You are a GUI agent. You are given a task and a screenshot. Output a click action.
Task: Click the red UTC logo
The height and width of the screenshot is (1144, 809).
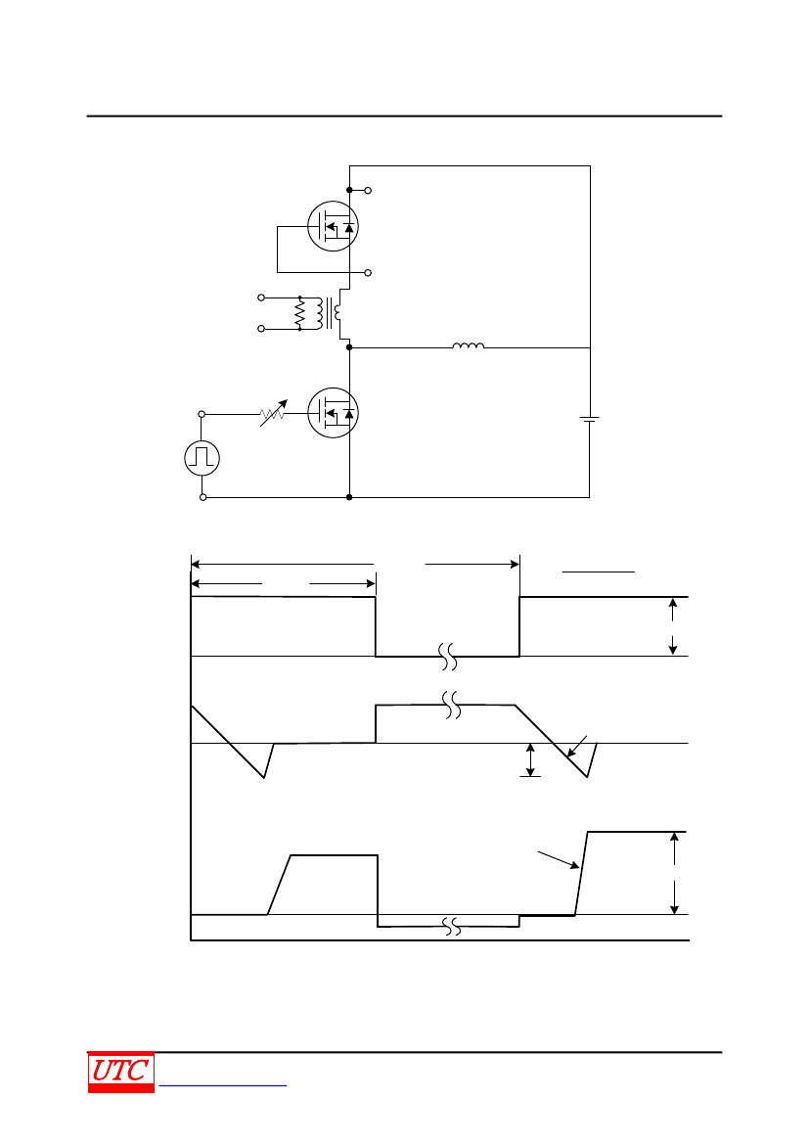121,1072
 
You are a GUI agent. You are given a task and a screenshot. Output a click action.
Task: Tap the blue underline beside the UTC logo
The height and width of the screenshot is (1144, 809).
222,1086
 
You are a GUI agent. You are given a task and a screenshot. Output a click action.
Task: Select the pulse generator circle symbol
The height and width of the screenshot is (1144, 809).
202,458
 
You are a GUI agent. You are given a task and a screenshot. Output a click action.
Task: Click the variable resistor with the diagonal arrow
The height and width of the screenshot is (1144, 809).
273,414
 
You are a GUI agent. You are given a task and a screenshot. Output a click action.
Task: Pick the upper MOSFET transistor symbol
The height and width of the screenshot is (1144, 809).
334,226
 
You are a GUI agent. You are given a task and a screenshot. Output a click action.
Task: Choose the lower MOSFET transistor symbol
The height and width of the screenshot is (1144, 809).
334,413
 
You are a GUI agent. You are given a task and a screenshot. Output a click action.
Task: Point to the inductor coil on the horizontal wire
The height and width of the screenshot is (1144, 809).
468,345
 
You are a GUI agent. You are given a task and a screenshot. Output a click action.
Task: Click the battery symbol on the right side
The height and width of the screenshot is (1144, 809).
590,420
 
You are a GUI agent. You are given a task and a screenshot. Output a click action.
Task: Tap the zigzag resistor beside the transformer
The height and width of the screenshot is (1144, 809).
299,313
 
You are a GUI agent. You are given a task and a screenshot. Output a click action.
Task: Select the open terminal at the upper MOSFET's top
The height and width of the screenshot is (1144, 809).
368,191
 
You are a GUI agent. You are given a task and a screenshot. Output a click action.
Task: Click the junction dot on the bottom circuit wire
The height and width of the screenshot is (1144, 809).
349,497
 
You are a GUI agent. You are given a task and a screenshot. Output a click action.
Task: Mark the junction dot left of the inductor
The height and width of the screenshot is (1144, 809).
349,348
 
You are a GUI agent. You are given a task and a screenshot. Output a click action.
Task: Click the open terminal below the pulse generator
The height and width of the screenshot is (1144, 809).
202,497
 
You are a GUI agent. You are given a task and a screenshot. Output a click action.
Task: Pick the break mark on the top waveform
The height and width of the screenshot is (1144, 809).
448,657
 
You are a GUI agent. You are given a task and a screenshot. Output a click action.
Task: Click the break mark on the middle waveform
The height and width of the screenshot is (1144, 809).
452,705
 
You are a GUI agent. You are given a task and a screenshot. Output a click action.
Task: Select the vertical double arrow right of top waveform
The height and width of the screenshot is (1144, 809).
673,626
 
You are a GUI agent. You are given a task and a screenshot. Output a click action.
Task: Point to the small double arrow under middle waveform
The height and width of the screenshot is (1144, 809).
530,760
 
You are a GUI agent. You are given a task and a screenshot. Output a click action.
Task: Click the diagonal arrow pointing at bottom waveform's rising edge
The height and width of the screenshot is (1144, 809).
559,859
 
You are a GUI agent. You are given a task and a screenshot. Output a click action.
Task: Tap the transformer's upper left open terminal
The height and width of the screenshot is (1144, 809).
261,297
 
